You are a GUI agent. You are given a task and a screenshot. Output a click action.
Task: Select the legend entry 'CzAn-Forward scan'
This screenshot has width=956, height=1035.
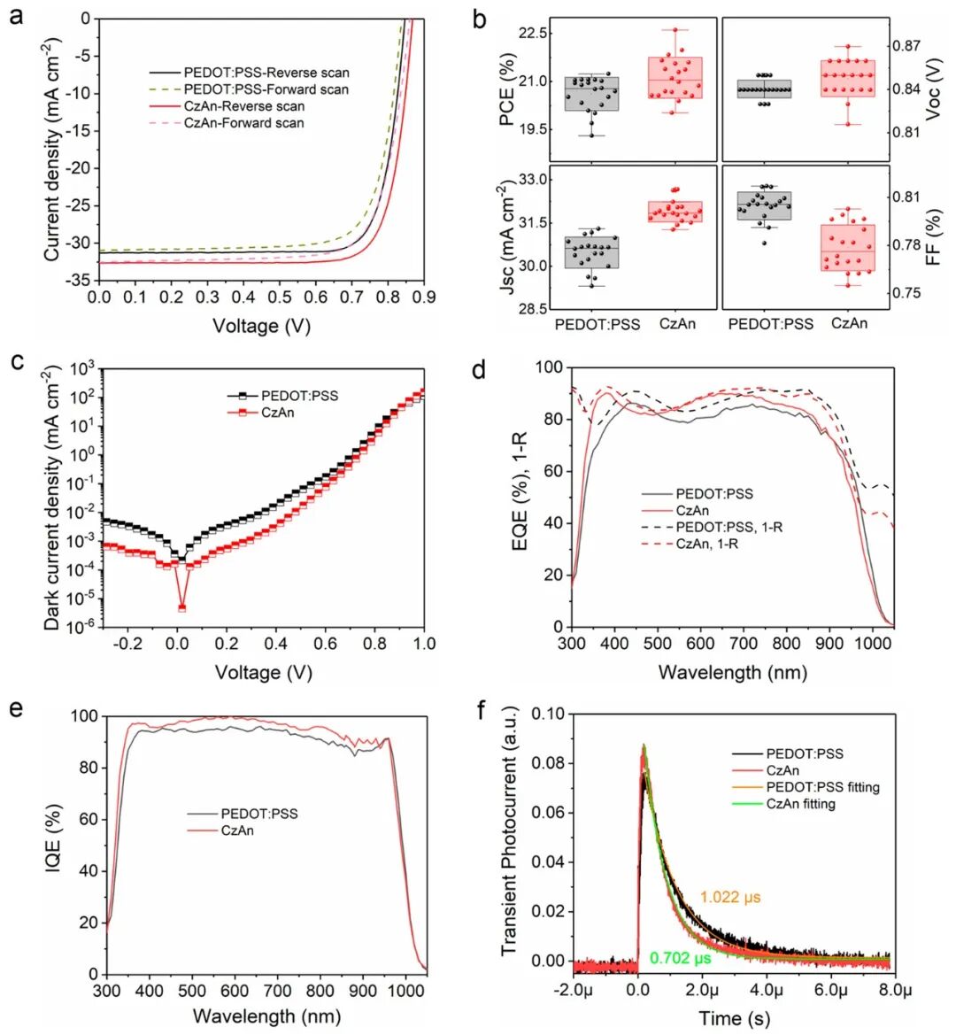243,123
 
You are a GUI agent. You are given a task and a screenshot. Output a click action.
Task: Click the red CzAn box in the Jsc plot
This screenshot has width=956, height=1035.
675,212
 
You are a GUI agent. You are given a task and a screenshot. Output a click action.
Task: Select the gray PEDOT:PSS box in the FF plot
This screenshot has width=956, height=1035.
765,205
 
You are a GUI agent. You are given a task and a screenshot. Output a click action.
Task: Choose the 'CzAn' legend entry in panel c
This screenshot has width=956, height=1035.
277,413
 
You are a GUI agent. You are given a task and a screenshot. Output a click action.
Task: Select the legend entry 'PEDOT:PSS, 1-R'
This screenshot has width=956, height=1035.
729,527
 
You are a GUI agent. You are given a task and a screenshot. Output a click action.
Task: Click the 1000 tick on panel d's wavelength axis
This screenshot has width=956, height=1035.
873,643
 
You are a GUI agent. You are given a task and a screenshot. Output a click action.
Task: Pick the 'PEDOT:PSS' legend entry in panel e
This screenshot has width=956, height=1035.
258,814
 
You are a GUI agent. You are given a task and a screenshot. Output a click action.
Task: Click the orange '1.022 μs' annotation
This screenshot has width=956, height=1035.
730,898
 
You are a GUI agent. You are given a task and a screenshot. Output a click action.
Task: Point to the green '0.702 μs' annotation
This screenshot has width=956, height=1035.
681,958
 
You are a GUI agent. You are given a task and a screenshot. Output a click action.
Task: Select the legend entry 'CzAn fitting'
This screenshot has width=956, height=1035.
800,803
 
